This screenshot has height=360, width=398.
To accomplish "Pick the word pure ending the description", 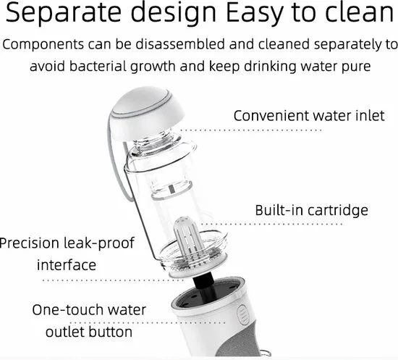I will pyautogui.click(x=352, y=65).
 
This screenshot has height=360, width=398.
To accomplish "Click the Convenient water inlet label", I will pyautogui.click(x=308, y=116).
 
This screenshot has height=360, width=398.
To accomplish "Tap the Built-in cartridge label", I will pyautogui.click(x=311, y=211).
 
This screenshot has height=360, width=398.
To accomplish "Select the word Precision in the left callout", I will pyautogui.click(x=30, y=243).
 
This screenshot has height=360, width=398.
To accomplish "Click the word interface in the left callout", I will pyautogui.click(x=66, y=264).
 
